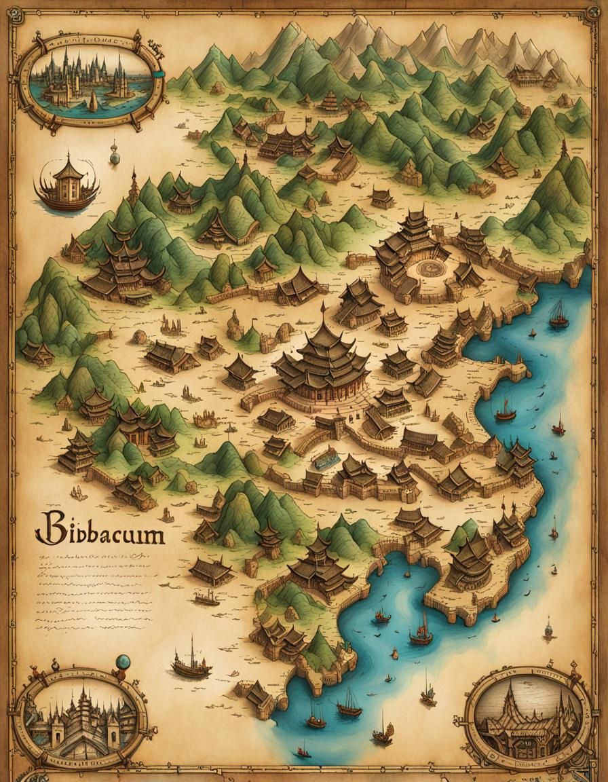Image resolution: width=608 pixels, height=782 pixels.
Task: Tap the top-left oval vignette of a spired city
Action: [90, 81]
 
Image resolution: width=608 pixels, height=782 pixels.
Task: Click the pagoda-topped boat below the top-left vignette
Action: [66, 182]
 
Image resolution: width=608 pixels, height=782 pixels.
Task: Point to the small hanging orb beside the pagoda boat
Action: [115, 157]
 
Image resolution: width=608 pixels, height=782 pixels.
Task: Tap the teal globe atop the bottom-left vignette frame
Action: [123, 661]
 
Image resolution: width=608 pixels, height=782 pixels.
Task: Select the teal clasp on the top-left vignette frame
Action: [159, 75]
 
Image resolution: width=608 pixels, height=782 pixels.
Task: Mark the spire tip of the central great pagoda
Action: [324, 307]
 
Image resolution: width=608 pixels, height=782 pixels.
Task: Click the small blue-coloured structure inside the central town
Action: [326, 458]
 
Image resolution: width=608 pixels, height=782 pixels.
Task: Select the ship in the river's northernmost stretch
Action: [558, 314]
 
